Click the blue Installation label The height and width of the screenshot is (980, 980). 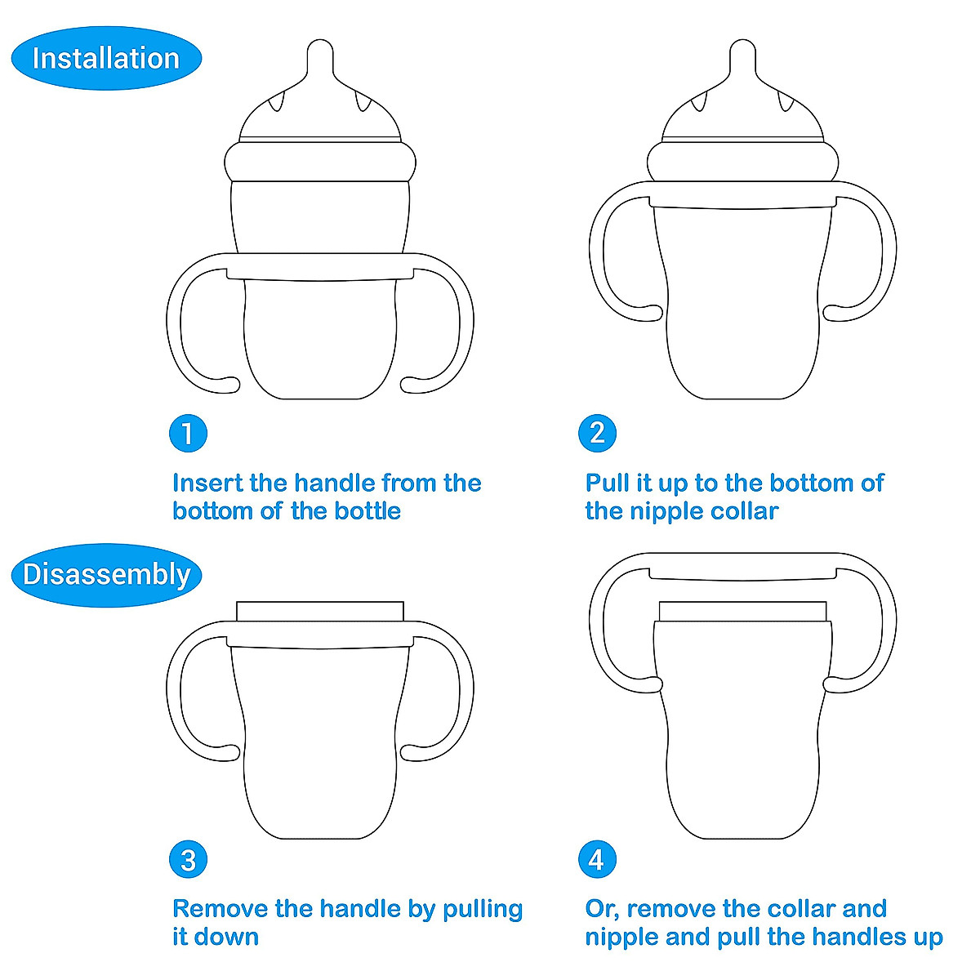coord(106,59)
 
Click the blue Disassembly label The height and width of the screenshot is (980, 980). coord(106,575)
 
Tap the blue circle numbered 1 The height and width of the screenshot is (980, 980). coord(188,433)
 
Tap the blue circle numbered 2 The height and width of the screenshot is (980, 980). coord(597,433)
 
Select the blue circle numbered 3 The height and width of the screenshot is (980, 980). coord(188,860)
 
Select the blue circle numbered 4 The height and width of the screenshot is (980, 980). coord(597,860)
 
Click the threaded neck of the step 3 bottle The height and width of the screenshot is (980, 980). coord(320,612)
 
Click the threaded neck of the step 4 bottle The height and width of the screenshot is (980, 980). coord(742,612)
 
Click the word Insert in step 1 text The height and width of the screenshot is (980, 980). coord(208,483)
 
